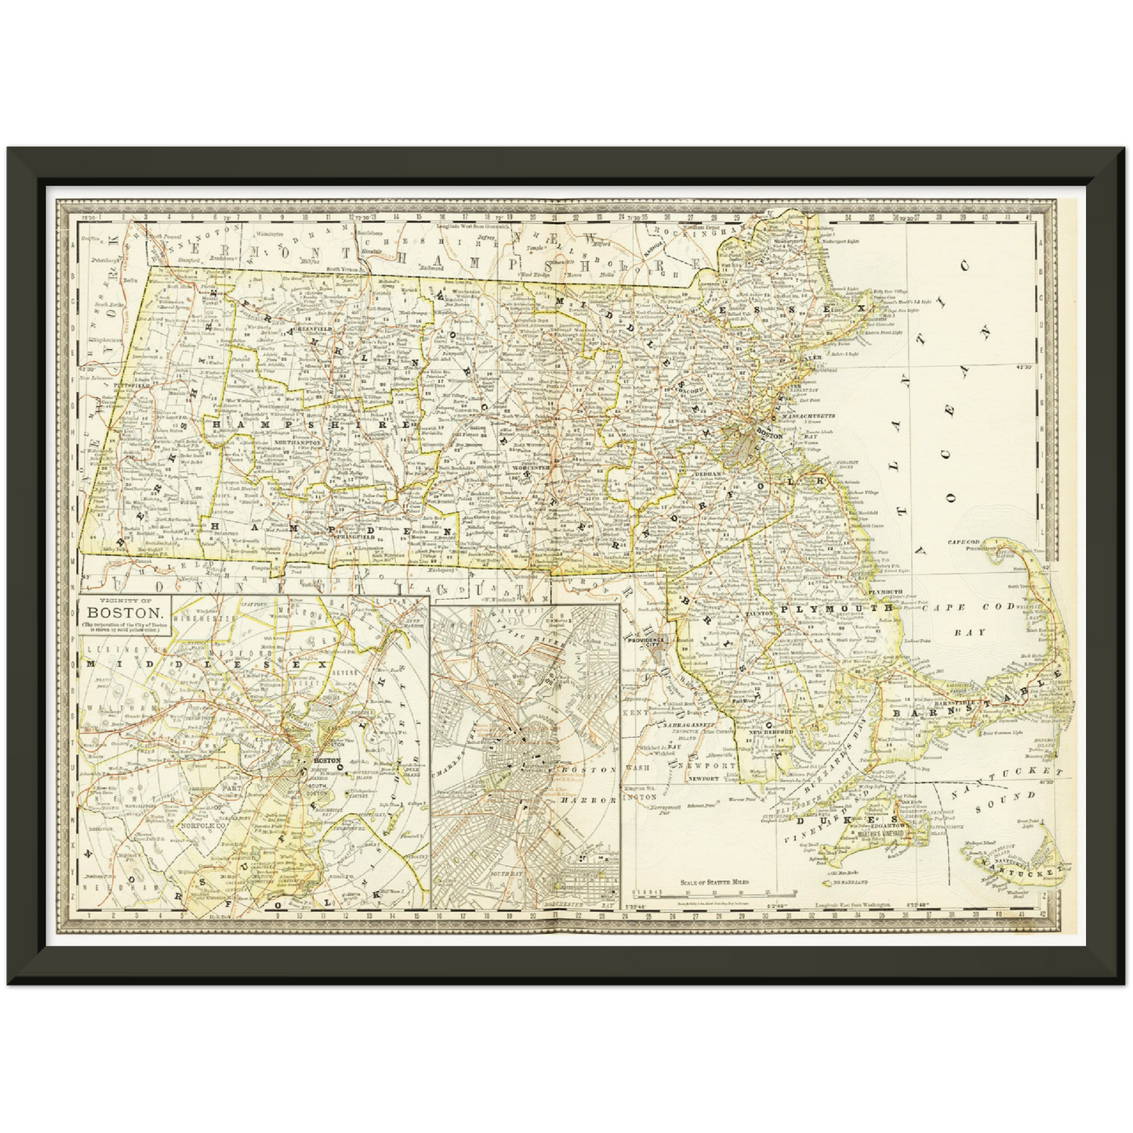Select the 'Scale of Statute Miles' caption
click(714, 882)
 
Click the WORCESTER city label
click(533, 467)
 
